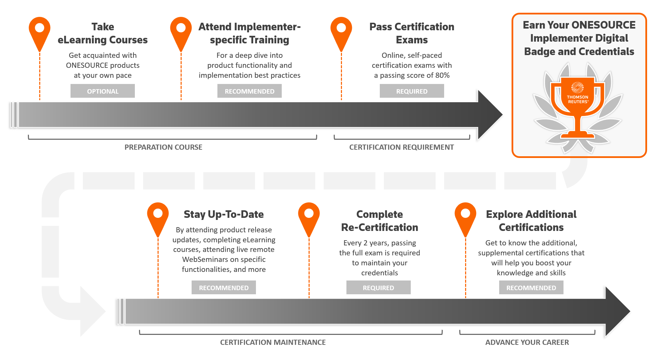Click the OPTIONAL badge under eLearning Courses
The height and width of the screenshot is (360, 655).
point(103,91)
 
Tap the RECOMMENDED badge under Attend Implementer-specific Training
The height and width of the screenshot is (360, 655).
point(249,91)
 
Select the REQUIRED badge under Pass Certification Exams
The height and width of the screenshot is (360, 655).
point(412,91)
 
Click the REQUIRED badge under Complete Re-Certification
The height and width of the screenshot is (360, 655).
point(378,288)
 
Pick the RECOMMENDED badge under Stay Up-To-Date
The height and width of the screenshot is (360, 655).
point(224,288)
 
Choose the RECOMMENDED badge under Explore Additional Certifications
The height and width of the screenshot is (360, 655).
point(531,288)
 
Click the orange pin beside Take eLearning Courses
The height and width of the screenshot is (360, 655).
point(40,31)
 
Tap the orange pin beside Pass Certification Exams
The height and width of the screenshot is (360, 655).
point(341,31)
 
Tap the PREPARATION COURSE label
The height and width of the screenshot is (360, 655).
point(163,147)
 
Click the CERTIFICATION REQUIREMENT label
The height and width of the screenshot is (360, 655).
point(401,147)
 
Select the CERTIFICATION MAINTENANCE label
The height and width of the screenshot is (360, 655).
point(273,342)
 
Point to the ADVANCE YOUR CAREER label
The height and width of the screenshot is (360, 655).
point(527,342)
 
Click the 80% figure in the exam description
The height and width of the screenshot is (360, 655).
point(442,75)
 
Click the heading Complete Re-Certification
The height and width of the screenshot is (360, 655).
point(379,221)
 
